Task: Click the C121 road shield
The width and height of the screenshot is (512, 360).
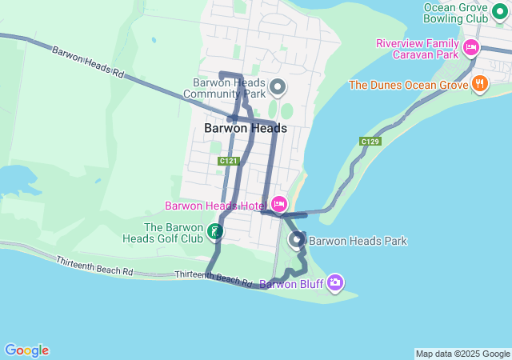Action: [228, 161]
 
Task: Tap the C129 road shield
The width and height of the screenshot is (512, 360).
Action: [370, 142]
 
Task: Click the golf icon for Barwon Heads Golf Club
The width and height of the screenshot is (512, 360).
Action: [214, 232]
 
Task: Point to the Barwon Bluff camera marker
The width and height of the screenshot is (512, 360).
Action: [335, 282]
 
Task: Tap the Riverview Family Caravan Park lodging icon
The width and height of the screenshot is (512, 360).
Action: [470, 48]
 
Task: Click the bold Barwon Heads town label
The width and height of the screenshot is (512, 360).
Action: [245, 128]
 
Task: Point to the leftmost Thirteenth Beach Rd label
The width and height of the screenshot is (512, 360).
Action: [94, 266]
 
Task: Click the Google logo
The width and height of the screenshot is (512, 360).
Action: [26, 350]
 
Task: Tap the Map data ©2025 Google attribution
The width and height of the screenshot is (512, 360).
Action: [462, 354]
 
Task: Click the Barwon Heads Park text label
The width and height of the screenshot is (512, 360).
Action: [358, 241]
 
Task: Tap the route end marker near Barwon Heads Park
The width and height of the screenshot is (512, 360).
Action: [297, 238]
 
